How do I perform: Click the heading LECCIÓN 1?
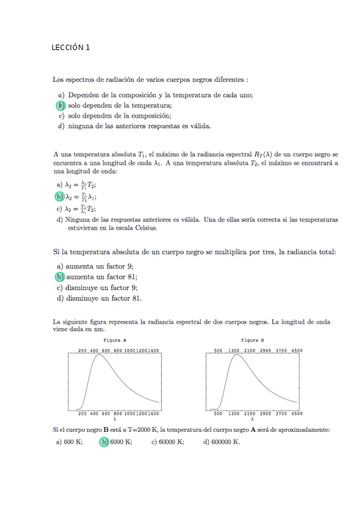coord(71,48)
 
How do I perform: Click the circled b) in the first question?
coord(59,105)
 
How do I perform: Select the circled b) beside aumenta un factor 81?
coord(59,277)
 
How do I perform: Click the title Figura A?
coord(115,340)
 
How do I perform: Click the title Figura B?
coord(253,340)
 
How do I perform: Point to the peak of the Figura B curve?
coord(237,355)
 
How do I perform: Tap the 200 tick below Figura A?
coord(82,414)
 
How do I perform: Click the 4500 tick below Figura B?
coord(296,414)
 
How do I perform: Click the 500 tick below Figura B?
coord(218,414)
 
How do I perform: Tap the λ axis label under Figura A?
coord(114,419)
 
